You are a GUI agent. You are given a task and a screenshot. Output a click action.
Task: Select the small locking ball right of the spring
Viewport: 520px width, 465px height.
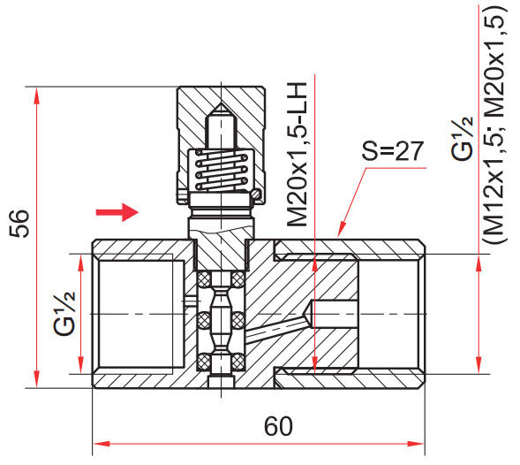point(256,192)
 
